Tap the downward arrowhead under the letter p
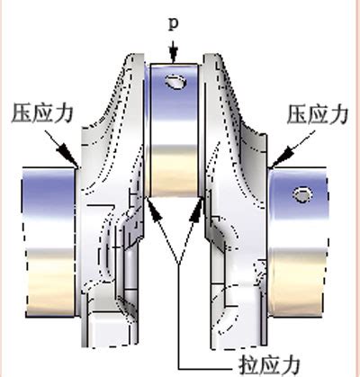point(174,56)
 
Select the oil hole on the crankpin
point(175,82)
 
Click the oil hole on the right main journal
point(302,195)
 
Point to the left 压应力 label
point(42,113)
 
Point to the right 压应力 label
point(318,114)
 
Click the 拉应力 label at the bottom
point(270,365)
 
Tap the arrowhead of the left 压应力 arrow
point(69,154)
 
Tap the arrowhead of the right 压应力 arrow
point(280,156)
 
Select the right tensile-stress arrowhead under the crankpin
point(196,209)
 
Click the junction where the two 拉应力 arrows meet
point(179,264)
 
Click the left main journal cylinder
point(49,241)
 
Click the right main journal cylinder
point(298,241)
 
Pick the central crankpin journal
point(174,130)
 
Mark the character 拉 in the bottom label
point(249,365)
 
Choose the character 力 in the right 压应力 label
point(338,114)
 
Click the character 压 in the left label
point(22,113)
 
